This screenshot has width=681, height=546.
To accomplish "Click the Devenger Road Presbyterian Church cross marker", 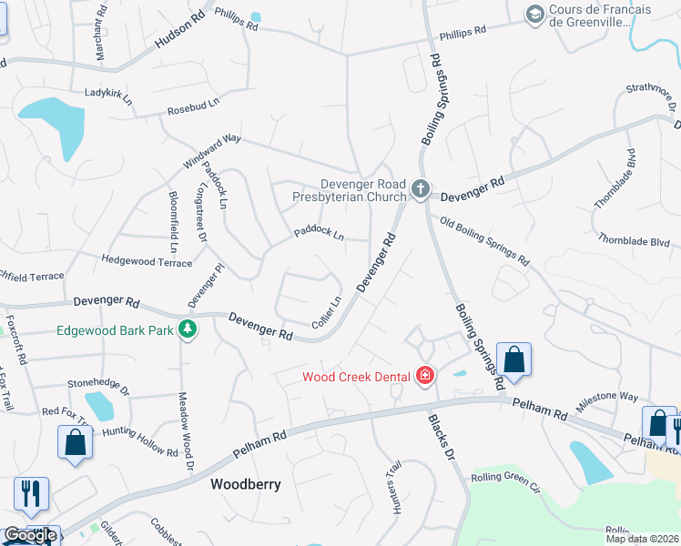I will coord(420,189).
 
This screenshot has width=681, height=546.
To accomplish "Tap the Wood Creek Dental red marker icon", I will coord(424,375).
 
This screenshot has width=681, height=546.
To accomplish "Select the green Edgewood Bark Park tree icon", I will coord(188,329).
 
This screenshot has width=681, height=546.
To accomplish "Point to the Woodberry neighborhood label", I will coord(245,484).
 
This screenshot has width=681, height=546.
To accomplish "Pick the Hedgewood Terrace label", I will coord(147,262).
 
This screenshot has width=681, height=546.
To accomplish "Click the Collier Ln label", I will coord(327,312).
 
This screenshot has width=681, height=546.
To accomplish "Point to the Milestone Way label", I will coord(607,396).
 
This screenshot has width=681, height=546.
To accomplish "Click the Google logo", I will coord(30,536).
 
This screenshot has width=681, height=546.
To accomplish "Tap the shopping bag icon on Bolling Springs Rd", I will coord(513,359).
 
